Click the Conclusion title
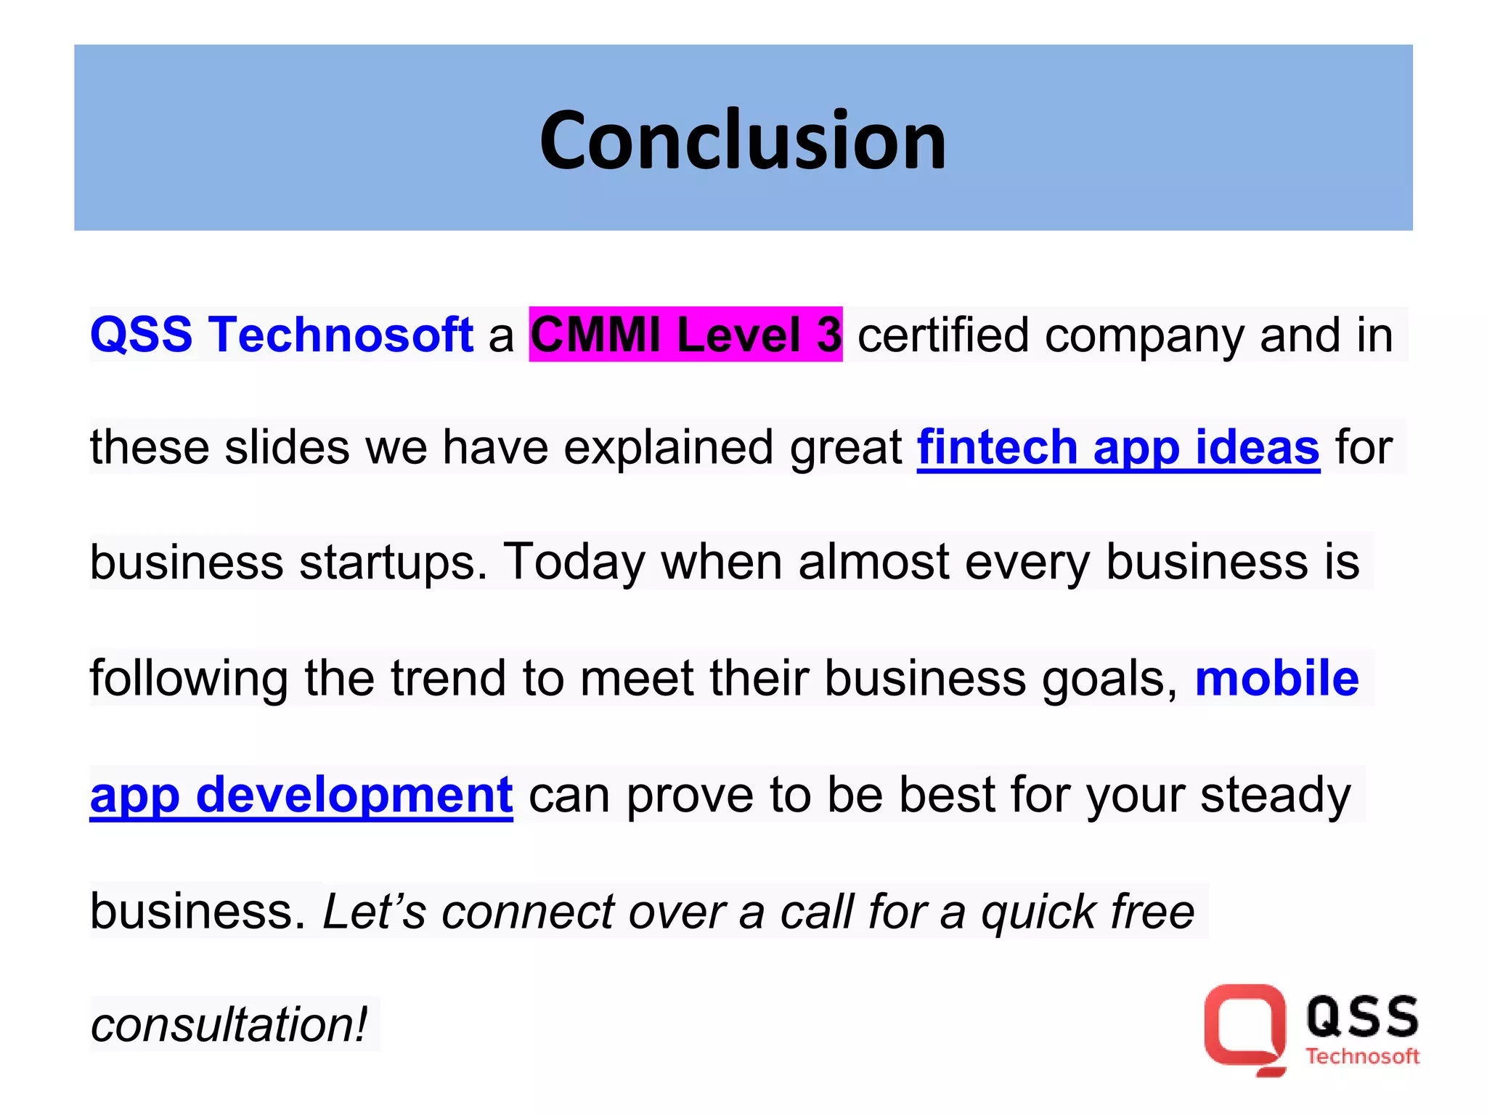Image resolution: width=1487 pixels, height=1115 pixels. click(743, 139)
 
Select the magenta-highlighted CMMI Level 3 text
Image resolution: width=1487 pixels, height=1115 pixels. click(685, 335)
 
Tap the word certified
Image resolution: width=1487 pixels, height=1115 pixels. click(942, 335)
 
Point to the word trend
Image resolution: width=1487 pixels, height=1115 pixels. click(447, 678)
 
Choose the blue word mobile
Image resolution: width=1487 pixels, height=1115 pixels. click(1276, 678)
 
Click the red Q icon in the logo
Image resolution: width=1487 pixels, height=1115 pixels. click(1244, 1028)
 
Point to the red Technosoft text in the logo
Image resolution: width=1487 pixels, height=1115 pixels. click(1362, 1056)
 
